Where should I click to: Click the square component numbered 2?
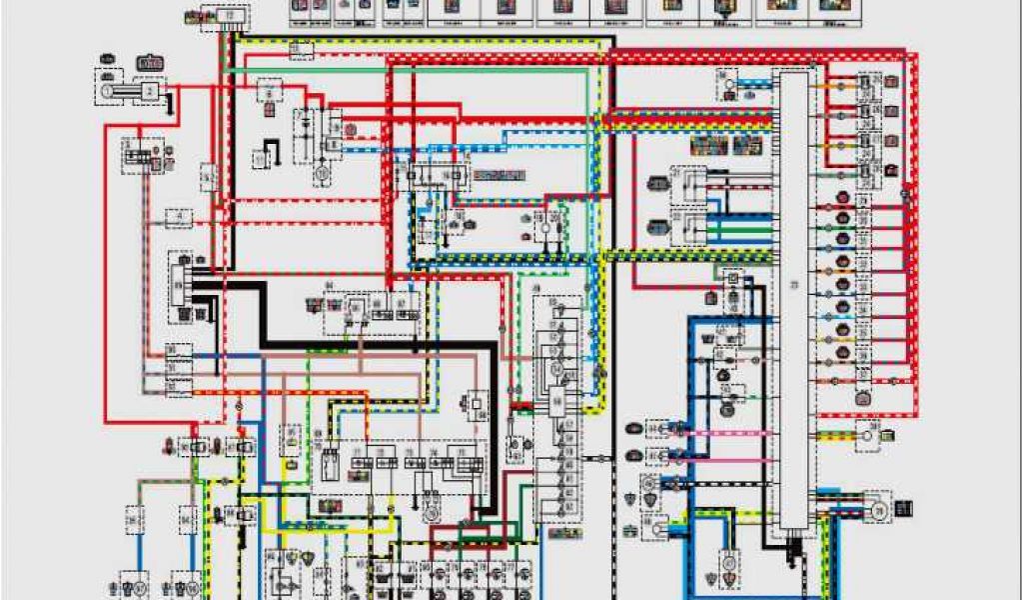[150, 92]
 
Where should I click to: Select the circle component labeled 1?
[106, 91]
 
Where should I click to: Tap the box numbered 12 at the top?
[230, 17]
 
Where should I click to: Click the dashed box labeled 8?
[268, 93]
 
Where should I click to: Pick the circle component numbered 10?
[322, 172]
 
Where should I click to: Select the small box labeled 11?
[262, 158]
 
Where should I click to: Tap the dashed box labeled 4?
[178, 216]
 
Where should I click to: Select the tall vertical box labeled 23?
[795, 290]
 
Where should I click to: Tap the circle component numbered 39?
[878, 509]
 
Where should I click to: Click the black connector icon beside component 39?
[904, 509]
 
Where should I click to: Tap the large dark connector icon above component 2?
[150, 64]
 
